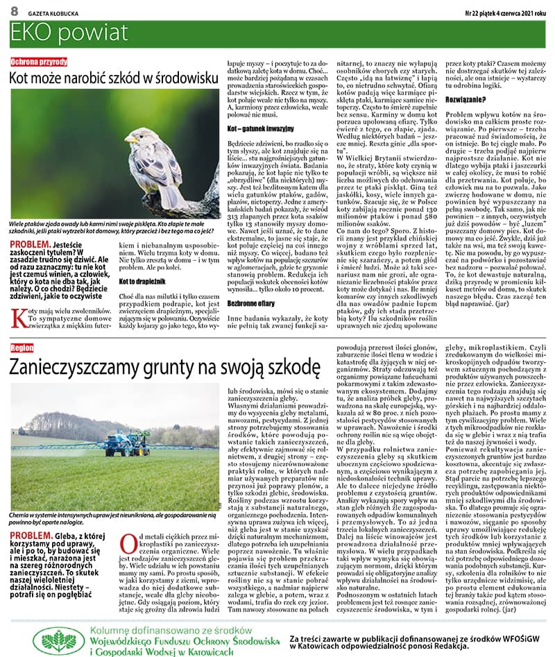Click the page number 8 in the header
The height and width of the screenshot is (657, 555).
pos(13,11)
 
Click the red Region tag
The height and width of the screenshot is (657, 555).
pos(22,346)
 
